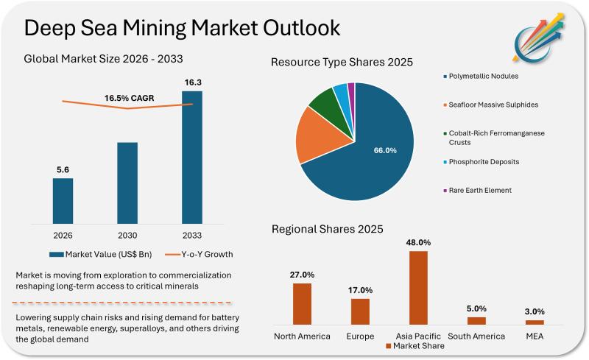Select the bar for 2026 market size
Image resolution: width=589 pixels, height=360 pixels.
[x=63, y=200]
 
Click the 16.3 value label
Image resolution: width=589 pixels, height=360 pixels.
[x=191, y=82]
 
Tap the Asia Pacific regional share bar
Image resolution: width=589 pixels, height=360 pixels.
[x=418, y=287]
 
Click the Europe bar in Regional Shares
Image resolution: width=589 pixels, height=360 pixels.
[x=360, y=311]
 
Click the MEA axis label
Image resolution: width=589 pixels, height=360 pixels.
[x=534, y=336]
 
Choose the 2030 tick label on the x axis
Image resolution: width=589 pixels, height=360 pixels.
[x=127, y=235]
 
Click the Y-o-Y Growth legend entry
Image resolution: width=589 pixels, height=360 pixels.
[x=199, y=255]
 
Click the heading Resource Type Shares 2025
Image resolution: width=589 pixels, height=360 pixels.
[x=342, y=62]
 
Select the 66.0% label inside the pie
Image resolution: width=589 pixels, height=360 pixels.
[x=385, y=150]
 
